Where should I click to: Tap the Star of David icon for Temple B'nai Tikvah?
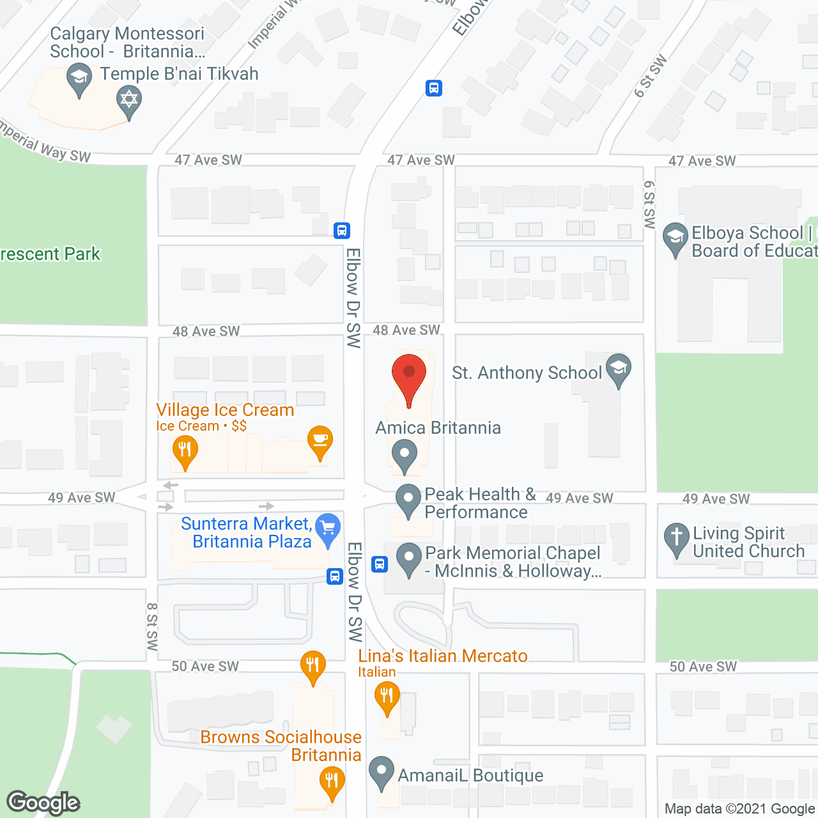pos(129,100)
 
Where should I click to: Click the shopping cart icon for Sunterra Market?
pos(328,529)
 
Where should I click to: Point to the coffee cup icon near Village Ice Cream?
pos(320,440)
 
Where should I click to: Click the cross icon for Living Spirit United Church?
pos(676,537)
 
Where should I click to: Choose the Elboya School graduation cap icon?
pos(675,237)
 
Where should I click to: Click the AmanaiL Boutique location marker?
pos(382,771)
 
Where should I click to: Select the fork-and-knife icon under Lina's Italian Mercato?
pos(387,696)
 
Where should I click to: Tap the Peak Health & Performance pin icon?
pos(408,499)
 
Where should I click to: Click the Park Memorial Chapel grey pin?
pos(408,557)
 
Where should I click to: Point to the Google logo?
pos(43,803)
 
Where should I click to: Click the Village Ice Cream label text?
pos(225,410)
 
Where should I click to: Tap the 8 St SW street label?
pos(152,626)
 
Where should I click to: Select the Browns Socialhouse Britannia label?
pos(281,746)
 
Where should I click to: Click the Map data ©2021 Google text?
pos(740,808)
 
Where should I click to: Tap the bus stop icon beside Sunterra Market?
pos(334,576)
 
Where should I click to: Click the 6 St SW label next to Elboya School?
pos(650,204)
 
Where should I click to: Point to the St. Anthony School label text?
pos(527,373)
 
